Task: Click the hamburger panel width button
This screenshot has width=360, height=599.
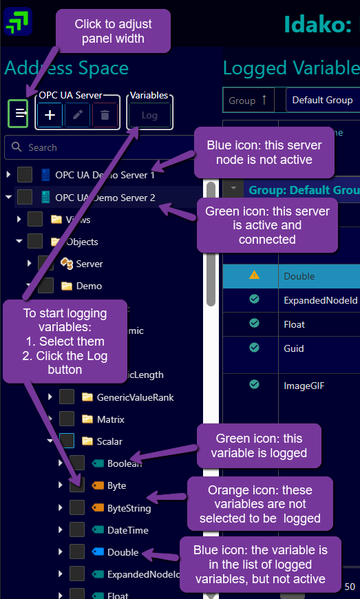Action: [19, 114]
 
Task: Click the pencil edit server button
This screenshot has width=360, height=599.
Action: [78, 115]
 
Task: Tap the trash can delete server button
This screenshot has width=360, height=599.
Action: [105, 115]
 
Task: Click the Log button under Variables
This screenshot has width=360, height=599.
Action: [149, 115]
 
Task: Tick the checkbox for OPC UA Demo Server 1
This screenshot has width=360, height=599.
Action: [25, 175]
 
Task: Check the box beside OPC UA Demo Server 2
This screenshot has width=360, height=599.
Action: [25, 198]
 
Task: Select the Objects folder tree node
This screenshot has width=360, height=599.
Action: [82, 242]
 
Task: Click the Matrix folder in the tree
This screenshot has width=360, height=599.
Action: [110, 419]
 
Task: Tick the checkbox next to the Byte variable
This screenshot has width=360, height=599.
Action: [77, 486]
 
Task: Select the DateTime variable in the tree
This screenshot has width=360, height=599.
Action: [127, 530]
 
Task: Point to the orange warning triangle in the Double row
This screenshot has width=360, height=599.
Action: [254, 275]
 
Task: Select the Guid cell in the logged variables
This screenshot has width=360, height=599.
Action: [293, 349]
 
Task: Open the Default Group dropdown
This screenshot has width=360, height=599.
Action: [322, 100]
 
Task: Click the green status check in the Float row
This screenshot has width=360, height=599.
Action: [254, 324]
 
